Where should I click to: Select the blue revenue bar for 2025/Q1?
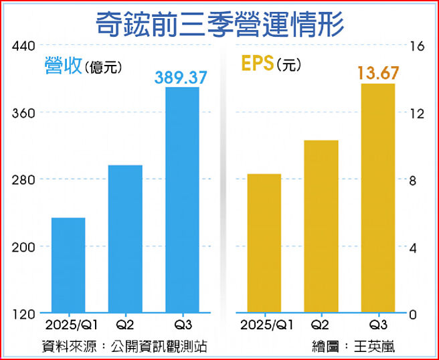(x=68, y=265)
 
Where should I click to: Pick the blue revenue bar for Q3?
(x=182, y=199)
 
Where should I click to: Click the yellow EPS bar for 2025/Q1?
(x=264, y=244)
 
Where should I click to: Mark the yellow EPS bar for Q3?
(x=377, y=198)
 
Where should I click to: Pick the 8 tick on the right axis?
(x=415, y=181)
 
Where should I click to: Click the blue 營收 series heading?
(x=63, y=65)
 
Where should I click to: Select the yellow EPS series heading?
(x=257, y=64)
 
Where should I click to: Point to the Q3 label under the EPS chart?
(x=377, y=326)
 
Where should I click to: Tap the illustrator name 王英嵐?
(x=375, y=347)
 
